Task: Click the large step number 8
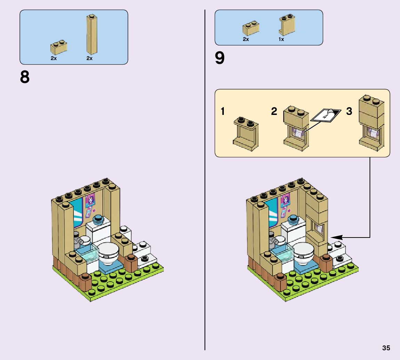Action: pos(25,77)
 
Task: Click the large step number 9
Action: pos(220,58)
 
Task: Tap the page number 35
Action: pos(386,348)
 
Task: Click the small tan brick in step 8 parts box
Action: pos(59,48)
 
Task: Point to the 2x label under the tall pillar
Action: pos(89,58)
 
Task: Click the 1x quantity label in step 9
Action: pos(281,39)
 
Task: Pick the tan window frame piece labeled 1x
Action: pos(286,25)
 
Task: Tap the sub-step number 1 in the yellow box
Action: pos(223,111)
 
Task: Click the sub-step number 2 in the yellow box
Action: pos(274,111)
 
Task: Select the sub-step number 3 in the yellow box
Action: pos(349,111)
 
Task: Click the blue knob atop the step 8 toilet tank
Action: pos(99,219)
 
